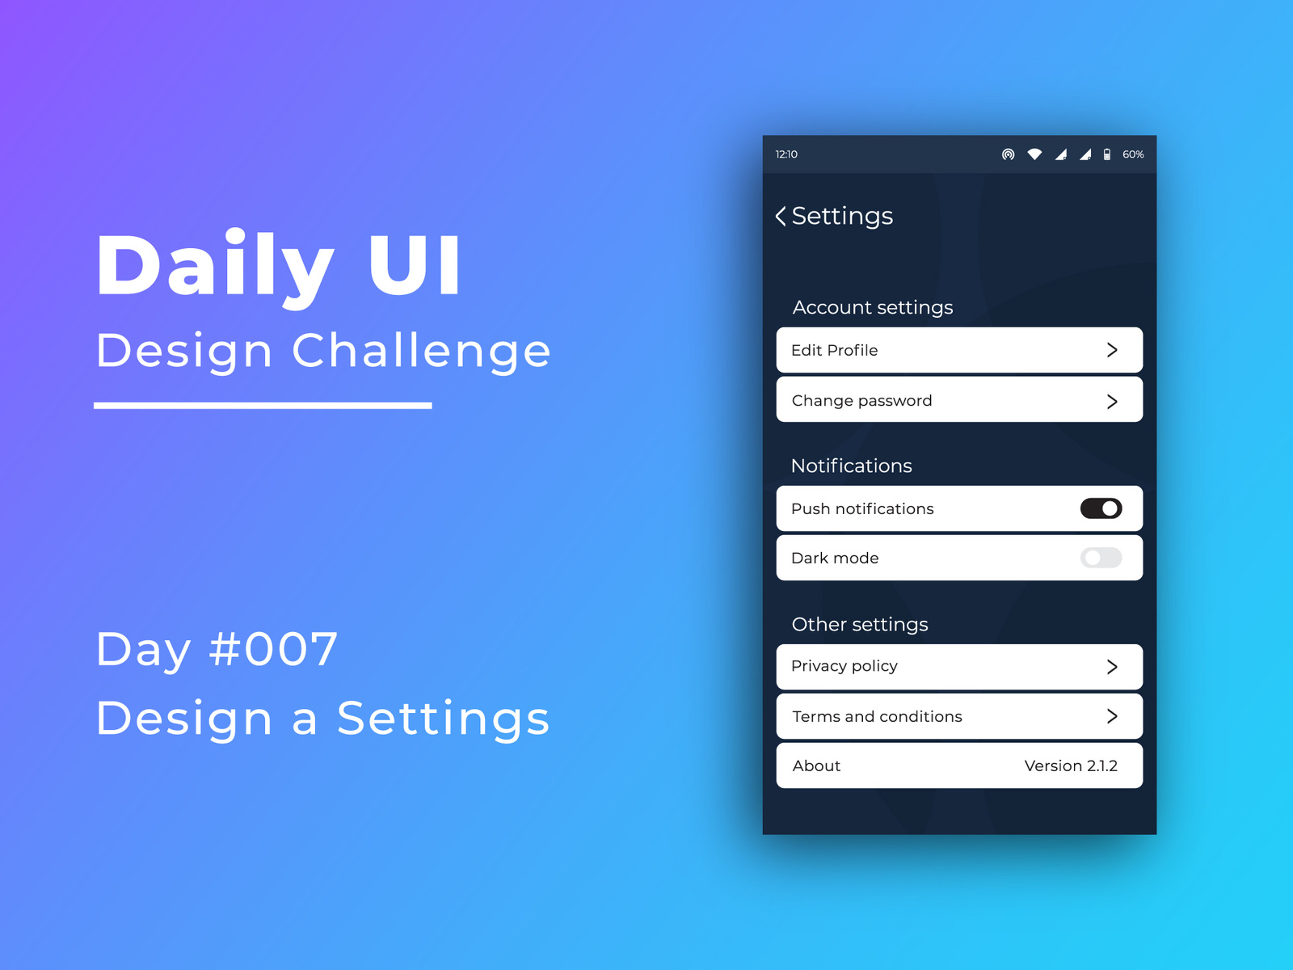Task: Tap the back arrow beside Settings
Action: [781, 216]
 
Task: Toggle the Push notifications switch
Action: [1101, 508]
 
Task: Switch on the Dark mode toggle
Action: [1101, 558]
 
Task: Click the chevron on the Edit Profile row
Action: [1112, 350]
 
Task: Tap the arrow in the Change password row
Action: [1112, 401]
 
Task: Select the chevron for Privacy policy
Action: [1112, 667]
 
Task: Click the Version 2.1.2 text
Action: [1071, 765]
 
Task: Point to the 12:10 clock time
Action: [786, 154]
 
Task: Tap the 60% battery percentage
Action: [1133, 154]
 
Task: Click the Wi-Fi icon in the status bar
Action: [1034, 154]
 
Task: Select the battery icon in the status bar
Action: [1107, 154]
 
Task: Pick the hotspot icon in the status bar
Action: [1008, 154]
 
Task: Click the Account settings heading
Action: [873, 307]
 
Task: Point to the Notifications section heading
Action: [851, 466]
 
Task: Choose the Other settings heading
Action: [860, 624]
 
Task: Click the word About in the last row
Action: [816, 765]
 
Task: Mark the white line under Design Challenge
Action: [263, 405]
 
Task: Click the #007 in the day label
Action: [273, 648]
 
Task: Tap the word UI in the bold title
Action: [414, 264]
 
